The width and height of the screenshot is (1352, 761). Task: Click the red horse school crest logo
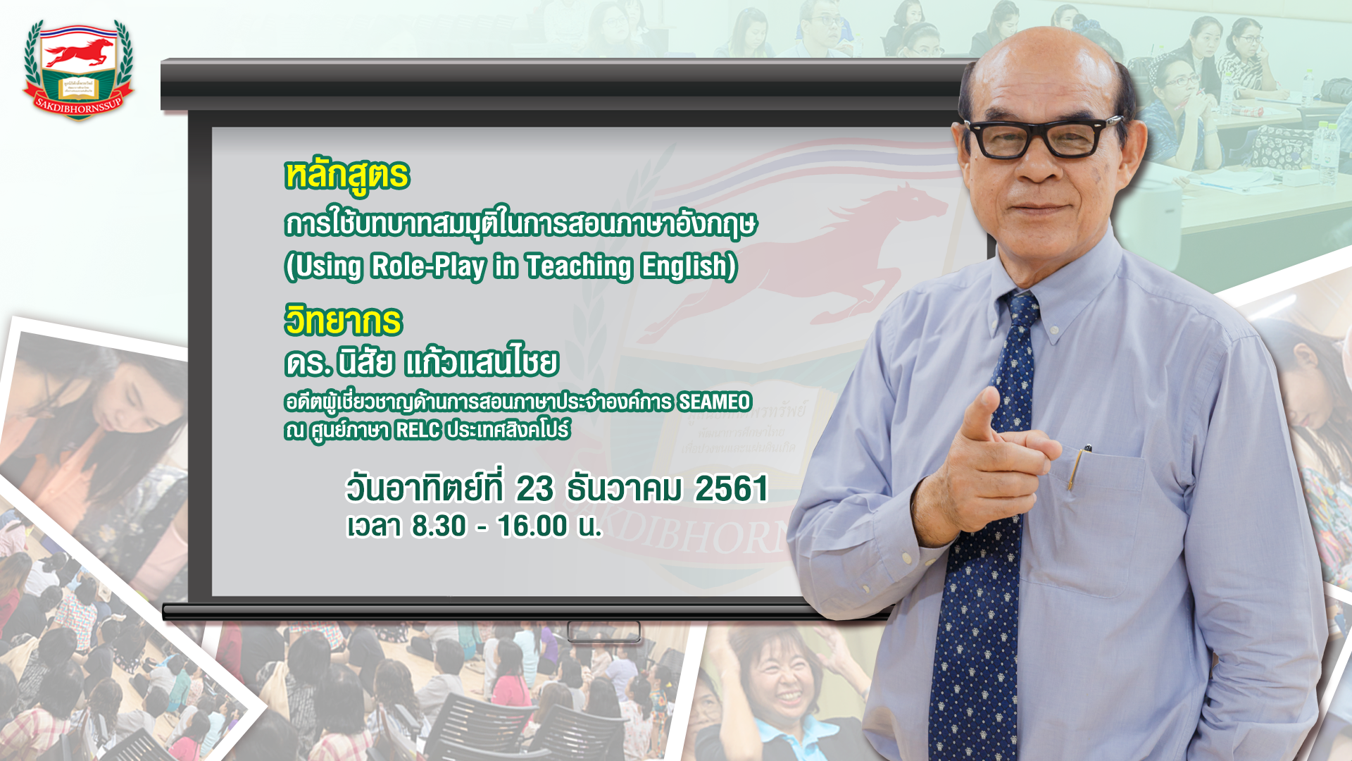coord(78,70)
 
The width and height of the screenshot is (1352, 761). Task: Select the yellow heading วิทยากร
coord(343,321)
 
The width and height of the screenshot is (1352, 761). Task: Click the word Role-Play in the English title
coord(428,266)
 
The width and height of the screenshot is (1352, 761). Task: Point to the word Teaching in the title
coord(579,267)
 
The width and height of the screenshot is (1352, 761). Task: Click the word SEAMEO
coord(715,402)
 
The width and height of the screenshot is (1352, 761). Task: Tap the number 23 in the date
coord(535,489)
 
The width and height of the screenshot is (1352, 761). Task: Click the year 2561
coord(732,489)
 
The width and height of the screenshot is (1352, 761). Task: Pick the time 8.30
coord(439,526)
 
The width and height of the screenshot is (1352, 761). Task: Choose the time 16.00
coord(532,526)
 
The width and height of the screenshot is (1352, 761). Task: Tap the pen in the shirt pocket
coord(1077,466)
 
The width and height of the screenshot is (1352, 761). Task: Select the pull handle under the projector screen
coord(604,631)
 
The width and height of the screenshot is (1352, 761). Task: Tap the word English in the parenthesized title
coord(689,267)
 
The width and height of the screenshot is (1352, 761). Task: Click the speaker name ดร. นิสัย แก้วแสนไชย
coord(421,362)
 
